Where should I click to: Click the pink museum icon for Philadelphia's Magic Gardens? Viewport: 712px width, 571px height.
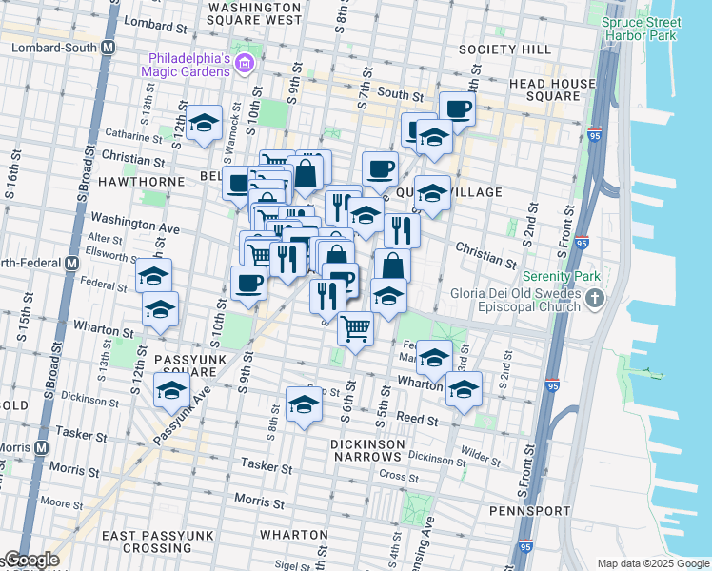click(x=246, y=64)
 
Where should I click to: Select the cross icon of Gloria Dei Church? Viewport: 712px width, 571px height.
click(x=595, y=300)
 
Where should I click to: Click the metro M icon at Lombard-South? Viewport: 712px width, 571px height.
click(x=108, y=47)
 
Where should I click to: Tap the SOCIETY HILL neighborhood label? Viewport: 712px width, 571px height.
click(x=504, y=49)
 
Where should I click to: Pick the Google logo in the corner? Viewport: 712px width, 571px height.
click(x=30, y=560)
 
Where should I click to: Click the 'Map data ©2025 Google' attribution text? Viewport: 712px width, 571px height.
click(x=652, y=563)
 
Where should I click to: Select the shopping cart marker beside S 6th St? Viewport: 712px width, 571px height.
click(x=355, y=329)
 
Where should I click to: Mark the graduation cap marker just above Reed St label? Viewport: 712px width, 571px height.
click(x=304, y=404)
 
